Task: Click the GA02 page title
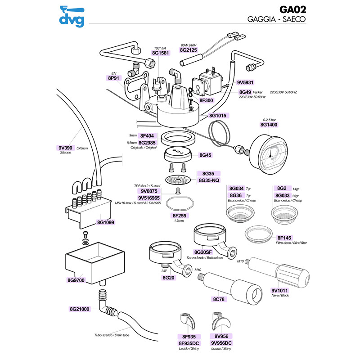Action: tap(292, 10)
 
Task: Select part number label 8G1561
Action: tap(160, 53)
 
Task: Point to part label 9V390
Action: tap(66, 148)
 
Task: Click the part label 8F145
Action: tap(285, 238)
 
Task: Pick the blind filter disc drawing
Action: tap(258, 234)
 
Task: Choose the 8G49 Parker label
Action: tap(245, 92)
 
